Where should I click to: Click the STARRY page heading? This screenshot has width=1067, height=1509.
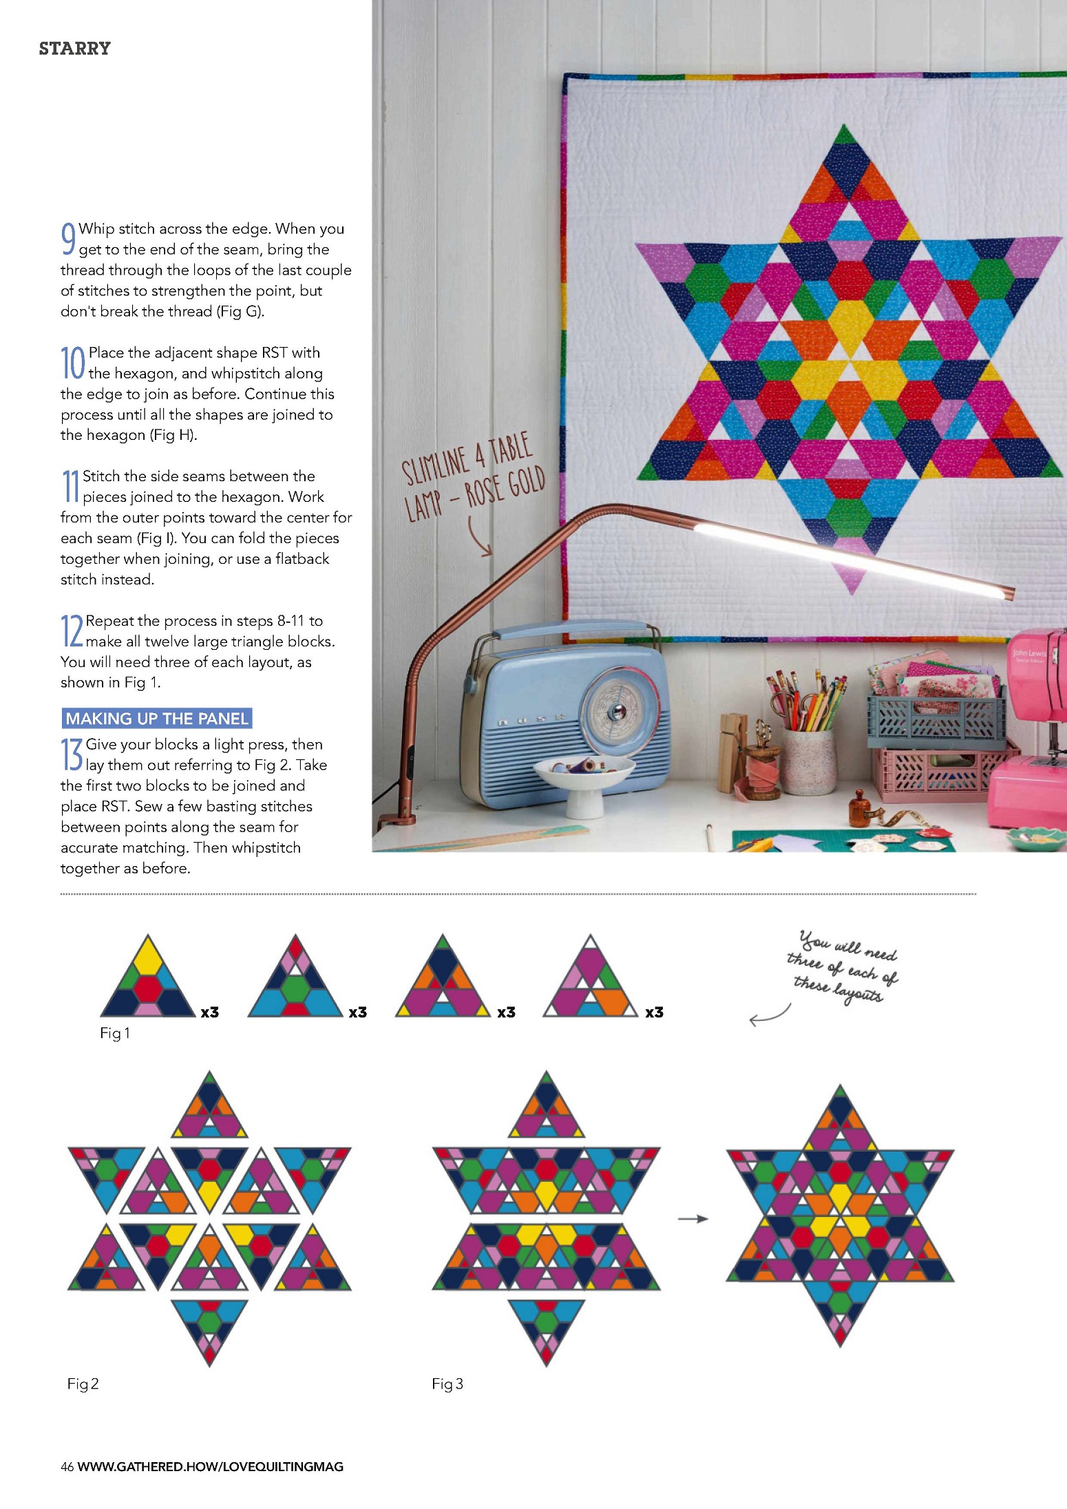click(74, 48)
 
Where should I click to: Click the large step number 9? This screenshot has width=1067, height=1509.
click(68, 238)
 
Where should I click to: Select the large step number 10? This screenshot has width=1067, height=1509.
click(73, 362)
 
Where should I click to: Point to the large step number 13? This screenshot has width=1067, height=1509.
click(72, 754)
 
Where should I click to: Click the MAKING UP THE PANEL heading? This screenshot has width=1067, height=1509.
click(157, 718)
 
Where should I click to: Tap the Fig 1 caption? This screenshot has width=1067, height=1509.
click(115, 1033)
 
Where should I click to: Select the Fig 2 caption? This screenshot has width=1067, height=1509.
click(83, 1383)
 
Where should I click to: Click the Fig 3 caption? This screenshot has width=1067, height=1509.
click(447, 1383)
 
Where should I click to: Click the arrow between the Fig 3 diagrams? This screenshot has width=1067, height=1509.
click(693, 1218)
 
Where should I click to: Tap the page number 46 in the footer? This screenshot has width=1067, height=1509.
click(67, 1466)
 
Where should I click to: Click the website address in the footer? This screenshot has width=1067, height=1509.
click(211, 1466)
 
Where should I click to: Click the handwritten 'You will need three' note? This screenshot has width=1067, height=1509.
click(843, 967)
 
